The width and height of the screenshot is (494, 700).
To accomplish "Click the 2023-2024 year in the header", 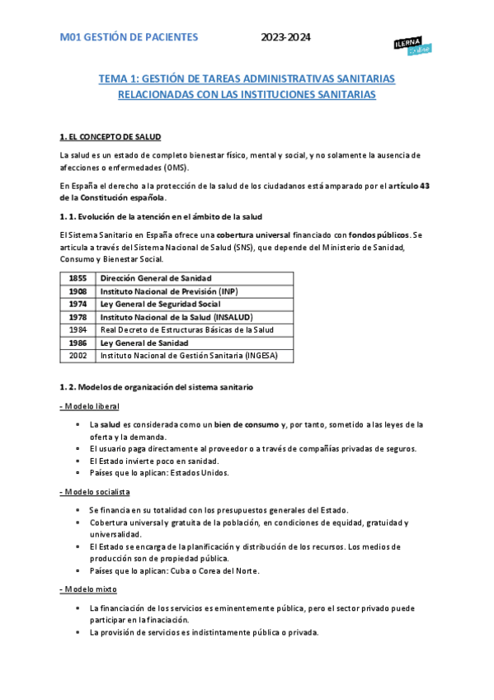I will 286,37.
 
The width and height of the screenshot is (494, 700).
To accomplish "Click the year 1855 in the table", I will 78,278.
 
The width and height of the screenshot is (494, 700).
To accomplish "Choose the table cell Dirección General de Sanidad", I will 156,278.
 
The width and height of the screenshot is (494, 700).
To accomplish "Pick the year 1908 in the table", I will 78,291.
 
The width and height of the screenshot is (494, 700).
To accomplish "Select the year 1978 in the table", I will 78,317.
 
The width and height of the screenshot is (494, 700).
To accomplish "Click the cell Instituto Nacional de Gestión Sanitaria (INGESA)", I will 189,356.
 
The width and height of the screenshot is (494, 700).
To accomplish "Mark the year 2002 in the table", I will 78,356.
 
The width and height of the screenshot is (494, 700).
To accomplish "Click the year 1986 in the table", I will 78,343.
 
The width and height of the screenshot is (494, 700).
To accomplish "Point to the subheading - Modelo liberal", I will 89,406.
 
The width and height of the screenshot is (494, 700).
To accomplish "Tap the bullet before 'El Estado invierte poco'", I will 77,461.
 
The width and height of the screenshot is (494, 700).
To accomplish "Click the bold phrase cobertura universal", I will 242,234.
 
